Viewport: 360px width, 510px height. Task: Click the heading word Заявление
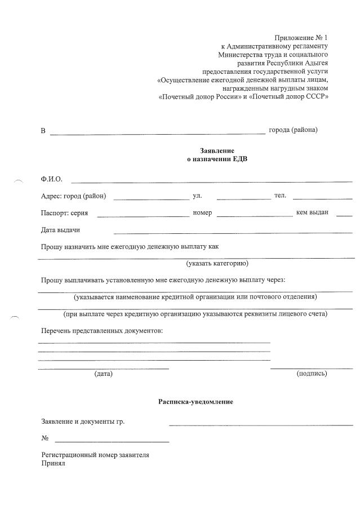[217, 150]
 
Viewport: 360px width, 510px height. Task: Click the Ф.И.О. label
[51, 179]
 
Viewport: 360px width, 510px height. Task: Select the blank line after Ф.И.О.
[211, 181]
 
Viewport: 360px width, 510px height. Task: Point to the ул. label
[197, 196]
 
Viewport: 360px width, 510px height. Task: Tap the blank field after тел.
[322, 198]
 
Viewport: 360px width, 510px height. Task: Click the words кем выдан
[312, 212]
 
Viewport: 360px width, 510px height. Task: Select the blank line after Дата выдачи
[233, 232]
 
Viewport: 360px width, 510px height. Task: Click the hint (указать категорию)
[217, 263]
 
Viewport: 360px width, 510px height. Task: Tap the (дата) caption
[103, 374]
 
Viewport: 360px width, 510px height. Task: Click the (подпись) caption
[312, 374]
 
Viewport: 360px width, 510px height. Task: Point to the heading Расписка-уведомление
[195, 402]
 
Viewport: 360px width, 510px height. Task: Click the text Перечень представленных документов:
[102, 330]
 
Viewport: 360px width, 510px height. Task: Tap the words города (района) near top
[293, 130]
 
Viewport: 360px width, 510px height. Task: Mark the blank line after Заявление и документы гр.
[261, 424]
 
